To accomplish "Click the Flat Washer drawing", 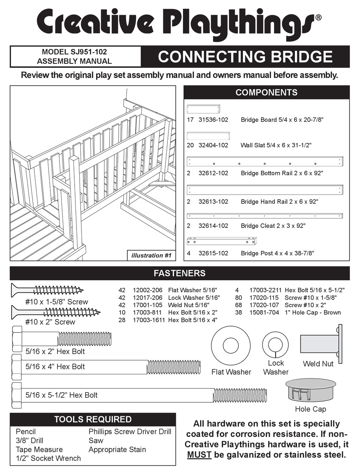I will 231,346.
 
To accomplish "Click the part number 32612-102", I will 213,173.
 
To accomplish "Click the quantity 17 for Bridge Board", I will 190,120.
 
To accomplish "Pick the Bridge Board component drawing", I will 204,109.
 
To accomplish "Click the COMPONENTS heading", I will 266,93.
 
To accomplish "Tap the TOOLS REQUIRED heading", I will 93,419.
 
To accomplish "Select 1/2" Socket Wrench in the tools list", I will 48,458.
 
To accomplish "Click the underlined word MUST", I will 199,454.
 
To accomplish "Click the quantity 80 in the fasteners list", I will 238,298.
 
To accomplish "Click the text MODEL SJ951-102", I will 77,52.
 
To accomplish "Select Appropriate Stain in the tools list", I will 117,449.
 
